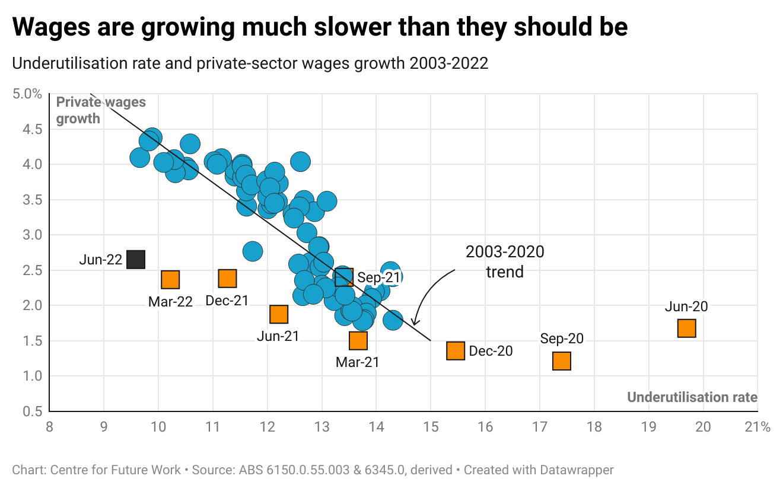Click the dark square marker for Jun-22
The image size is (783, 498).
(136, 259)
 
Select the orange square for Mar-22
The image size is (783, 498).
(170, 280)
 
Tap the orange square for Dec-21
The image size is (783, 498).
(227, 278)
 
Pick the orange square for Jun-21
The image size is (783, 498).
(279, 314)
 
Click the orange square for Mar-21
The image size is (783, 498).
(358, 340)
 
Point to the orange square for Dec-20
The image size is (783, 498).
(455, 350)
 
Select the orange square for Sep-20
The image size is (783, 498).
(561, 360)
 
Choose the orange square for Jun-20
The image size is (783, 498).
(686, 328)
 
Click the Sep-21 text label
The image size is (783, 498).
(378, 277)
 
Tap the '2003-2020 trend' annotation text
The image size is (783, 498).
(504, 261)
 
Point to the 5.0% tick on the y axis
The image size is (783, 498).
(27, 94)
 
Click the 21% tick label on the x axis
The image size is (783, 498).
(757, 427)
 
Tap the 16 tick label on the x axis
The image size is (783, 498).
(485, 427)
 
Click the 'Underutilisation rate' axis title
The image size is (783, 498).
(692, 397)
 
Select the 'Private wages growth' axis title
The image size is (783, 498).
(100, 110)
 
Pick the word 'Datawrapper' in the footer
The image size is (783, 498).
(578, 470)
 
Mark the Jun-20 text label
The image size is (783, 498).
(686, 307)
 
